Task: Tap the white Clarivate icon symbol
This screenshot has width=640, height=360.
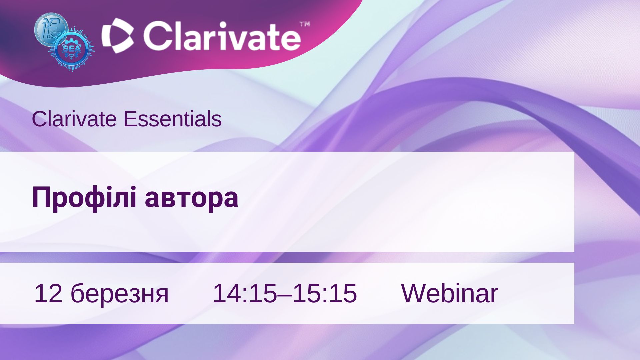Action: (118, 35)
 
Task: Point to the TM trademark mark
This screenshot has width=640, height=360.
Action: (305, 24)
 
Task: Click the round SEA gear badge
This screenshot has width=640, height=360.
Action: (71, 49)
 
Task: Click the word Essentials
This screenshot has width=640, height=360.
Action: (172, 119)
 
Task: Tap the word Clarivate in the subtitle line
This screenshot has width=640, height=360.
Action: (74, 119)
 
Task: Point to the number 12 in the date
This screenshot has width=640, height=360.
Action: (48, 293)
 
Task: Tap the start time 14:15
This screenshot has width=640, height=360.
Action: (245, 293)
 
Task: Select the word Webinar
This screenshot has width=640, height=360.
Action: (449, 293)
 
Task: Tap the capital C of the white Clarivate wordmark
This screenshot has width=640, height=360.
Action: (157, 36)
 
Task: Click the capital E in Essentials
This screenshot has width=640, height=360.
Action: (130, 119)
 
